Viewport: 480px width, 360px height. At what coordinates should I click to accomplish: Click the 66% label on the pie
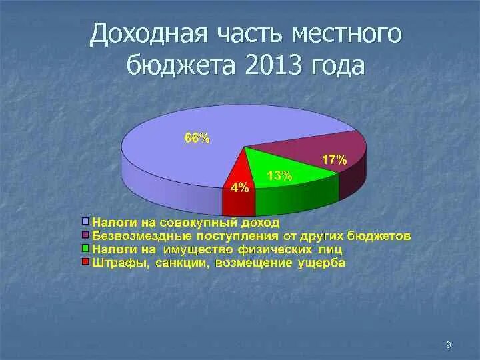tap(197, 139)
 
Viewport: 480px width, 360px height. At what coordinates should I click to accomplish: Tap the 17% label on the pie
tap(333, 160)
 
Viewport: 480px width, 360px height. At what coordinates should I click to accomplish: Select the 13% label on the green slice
tap(279, 176)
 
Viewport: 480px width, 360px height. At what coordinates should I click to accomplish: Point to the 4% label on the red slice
tap(239, 188)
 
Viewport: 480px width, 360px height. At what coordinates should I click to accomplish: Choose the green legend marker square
tap(85, 249)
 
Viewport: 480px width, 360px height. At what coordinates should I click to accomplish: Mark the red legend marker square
tap(85, 263)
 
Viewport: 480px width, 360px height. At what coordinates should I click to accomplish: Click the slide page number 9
tap(448, 344)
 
